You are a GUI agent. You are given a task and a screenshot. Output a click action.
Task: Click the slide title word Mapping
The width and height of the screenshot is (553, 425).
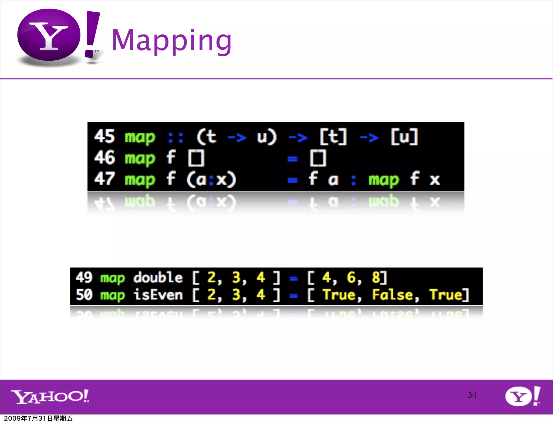point(172,40)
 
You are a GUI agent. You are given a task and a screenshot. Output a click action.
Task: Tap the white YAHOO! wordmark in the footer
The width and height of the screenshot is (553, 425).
point(50,396)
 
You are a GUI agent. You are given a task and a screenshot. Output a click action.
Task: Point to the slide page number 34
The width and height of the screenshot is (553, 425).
point(472,395)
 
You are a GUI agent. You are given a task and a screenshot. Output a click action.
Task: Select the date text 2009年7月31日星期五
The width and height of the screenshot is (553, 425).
point(38,419)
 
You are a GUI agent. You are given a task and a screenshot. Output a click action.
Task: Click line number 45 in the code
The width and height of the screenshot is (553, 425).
point(104,136)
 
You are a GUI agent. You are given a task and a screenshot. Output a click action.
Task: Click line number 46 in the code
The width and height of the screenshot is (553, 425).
point(104,158)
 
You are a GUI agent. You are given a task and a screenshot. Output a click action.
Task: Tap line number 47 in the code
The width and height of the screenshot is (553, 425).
point(104,179)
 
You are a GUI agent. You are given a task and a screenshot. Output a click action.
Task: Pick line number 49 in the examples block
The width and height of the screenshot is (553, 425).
point(84,277)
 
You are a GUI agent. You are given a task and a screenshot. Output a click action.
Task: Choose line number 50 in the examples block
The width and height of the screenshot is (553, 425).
point(84,294)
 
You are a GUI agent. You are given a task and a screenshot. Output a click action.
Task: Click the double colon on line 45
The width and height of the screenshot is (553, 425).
point(176,138)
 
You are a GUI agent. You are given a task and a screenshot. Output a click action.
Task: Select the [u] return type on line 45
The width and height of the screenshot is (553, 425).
point(404,137)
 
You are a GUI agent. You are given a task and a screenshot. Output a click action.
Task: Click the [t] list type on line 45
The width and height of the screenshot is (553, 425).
point(333,137)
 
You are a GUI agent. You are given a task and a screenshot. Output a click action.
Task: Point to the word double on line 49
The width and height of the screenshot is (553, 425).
point(158,277)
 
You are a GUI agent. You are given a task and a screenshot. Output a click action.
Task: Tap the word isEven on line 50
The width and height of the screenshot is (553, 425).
point(158,294)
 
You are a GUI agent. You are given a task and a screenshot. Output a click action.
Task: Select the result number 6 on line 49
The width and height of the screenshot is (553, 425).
point(351,277)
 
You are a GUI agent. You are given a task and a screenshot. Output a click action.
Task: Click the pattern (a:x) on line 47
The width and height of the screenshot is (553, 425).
point(211,179)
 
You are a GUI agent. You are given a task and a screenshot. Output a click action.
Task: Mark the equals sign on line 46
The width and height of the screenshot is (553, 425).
point(293,159)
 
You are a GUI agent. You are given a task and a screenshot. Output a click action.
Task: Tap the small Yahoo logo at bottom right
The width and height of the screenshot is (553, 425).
point(522,396)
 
